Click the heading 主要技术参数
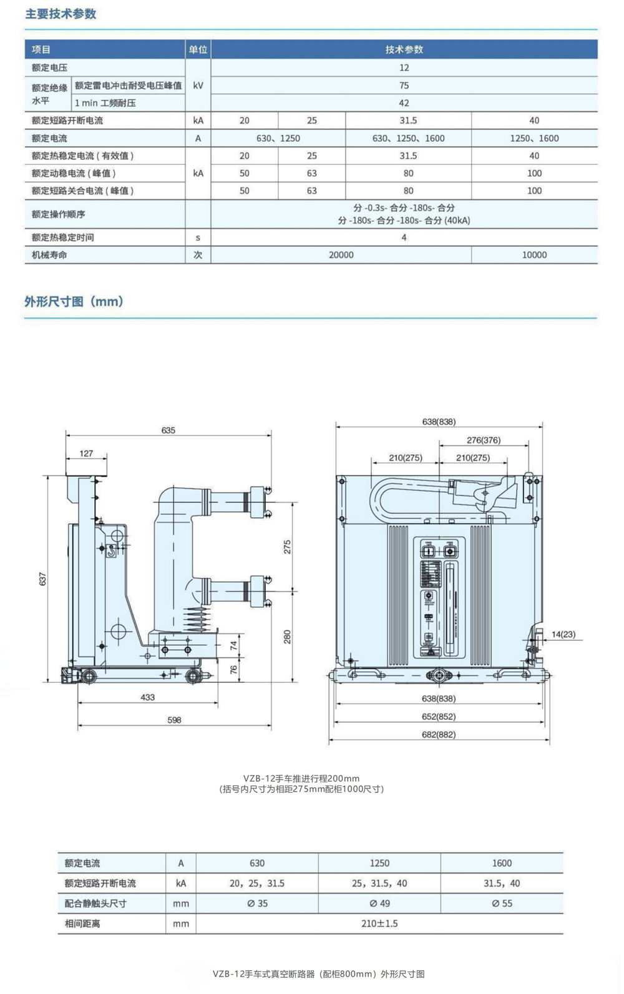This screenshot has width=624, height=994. point(61,14)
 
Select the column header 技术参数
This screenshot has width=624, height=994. point(404,49)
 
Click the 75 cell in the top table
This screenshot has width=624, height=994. point(404,86)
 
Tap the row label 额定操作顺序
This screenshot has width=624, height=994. point(59,214)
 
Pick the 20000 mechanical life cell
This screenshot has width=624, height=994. point(341,255)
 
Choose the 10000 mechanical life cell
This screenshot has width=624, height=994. point(534,255)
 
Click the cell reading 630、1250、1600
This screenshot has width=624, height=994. point(408,138)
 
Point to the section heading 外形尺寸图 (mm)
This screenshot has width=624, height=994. point(74,302)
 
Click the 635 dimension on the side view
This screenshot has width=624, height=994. point(168,430)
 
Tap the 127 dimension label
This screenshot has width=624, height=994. point(86,454)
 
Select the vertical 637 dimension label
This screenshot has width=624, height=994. point(43,579)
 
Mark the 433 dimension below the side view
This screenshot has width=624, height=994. point(147,697)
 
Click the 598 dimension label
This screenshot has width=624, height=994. point(174,720)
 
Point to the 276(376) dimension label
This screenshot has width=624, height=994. point(484,440)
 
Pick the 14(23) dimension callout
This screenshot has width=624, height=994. point(563,634)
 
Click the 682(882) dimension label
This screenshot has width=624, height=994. point(439,735)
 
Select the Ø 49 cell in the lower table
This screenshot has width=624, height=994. point(379,903)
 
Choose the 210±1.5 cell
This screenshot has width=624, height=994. point(379,923)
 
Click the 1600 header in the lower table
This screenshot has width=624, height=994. point(502,863)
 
